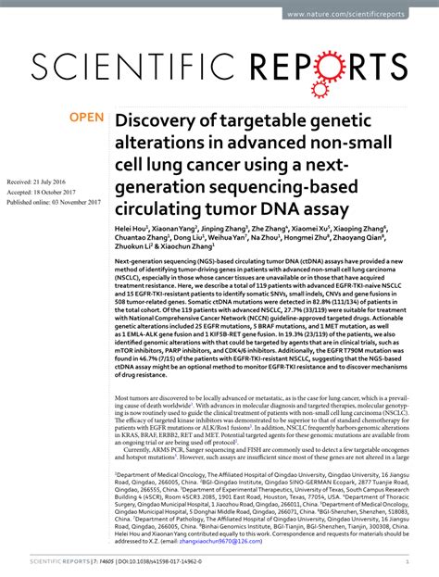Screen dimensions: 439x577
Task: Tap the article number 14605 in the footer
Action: (x=103, y=561)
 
